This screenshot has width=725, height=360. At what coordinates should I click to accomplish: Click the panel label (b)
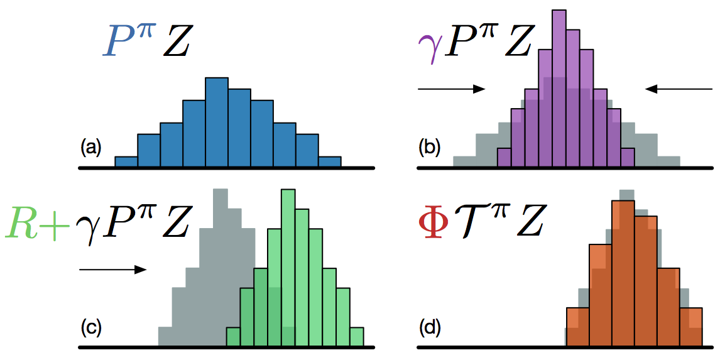click(430, 148)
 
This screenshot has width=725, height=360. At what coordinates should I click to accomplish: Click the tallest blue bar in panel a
click(216, 123)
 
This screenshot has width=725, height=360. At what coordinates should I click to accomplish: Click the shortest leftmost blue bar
click(126, 162)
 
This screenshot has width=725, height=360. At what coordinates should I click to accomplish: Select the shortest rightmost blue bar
click(329, 162)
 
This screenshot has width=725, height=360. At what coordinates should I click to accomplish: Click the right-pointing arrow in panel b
click(452, 89)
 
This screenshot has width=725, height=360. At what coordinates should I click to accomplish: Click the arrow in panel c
click(113, 270)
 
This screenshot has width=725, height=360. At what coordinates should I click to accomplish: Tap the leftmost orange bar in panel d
click(577, 326)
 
